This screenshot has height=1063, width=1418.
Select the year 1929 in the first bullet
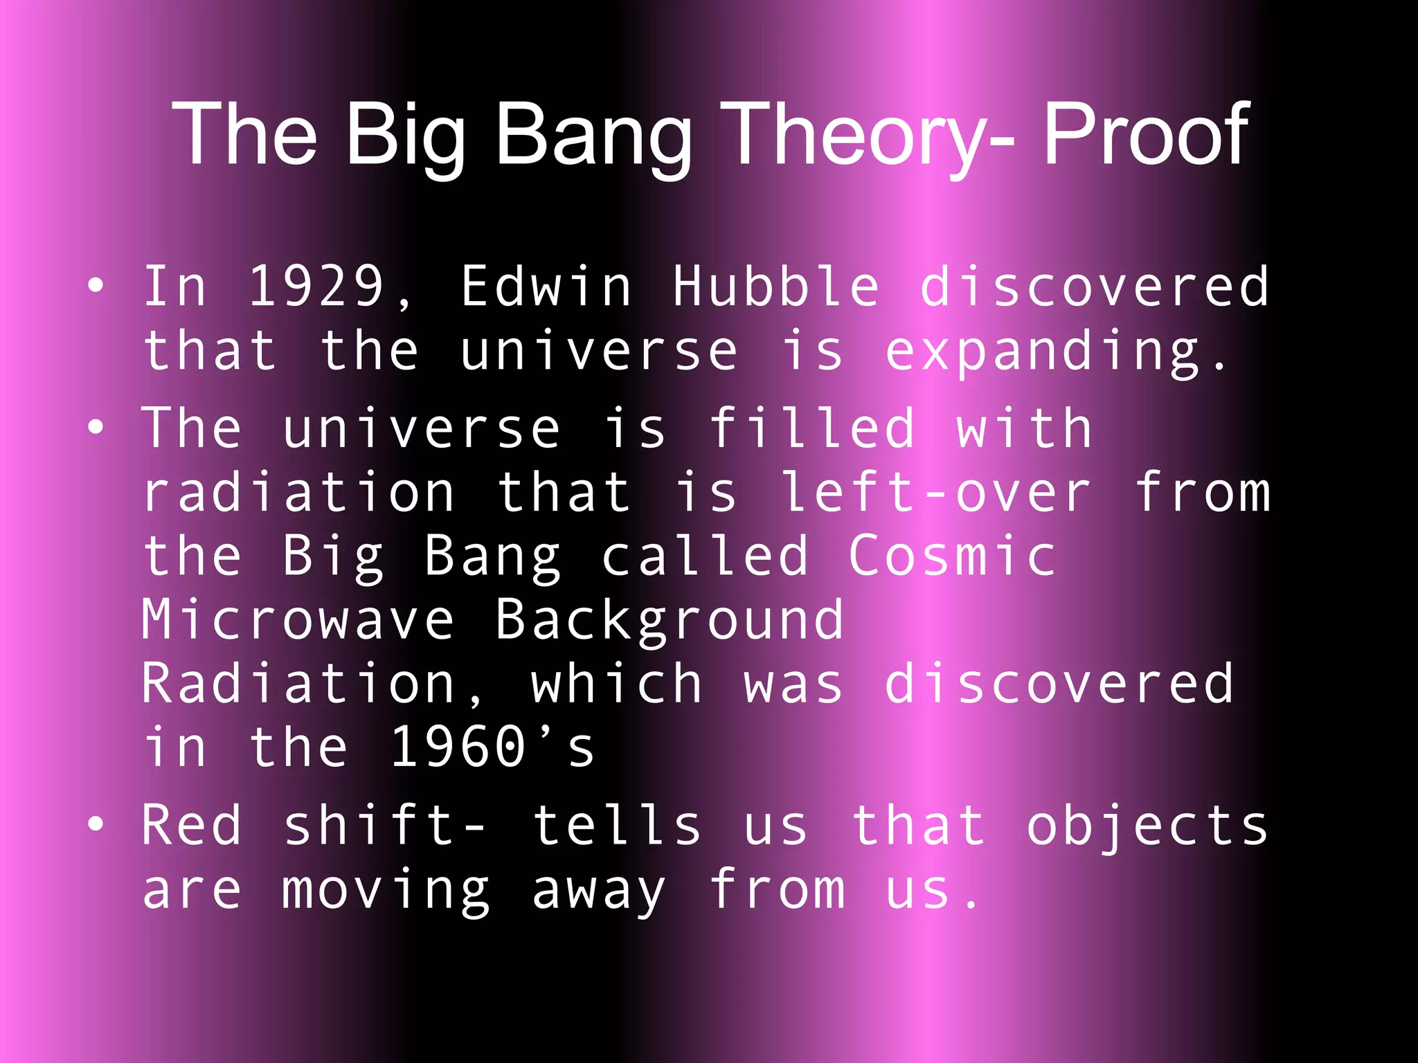pyautogui.click(x=316, y=286)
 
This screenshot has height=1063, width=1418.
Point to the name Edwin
pyautogui.click(x=546, y=286)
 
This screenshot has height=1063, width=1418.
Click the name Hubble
pyautogui.click(x=776, y=286)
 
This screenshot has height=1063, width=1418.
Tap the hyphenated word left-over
pyautogui.click(x=936, y=493)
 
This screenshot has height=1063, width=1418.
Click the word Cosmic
pyautogui.click(x=953, y=556)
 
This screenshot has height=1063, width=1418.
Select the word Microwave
pyautogui.click(x=298, y=619)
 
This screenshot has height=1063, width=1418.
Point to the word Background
pyautogui.click(x=670, y=621)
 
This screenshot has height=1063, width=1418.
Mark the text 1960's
pyautogui.click(x=492, y=747)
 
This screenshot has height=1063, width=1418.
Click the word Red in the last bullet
pyautogui.click(x=192, y=825)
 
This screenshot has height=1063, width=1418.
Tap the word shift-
pyautogui.click(x=385, y=825)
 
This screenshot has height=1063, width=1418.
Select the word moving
pyautogui.click(x=386, y=891)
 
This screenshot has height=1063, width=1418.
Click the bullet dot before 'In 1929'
pyautogui.click(x=96, y=284)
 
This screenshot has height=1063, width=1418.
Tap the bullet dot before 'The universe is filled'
pyautogui.click(x=96, y=427)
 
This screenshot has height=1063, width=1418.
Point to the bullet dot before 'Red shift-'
pyautogui.click(x=96, y=824)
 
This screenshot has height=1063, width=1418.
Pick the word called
pyautogui.click(x=705, y=556)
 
